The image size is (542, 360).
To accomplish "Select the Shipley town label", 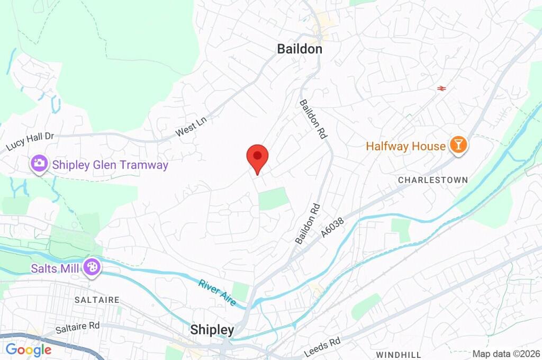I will [x=212, y=330].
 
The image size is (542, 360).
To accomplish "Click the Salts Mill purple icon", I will [x=92, y=268].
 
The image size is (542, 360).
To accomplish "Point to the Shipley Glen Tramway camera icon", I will [x=39, y=164].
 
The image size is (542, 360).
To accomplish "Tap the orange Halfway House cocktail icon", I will [x=458, y=146].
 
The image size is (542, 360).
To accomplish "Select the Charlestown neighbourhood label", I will [x=432, y=180].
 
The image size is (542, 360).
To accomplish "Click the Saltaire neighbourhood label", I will [x=96, y=300].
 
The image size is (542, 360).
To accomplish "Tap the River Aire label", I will [x=217, y=292].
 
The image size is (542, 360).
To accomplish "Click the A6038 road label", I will [x=332, y=228].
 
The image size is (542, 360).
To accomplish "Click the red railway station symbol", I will [x=441, y=88].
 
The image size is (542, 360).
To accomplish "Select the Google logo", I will [x=29, y=349].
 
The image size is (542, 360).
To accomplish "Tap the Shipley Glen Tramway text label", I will [x=110, y=165].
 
